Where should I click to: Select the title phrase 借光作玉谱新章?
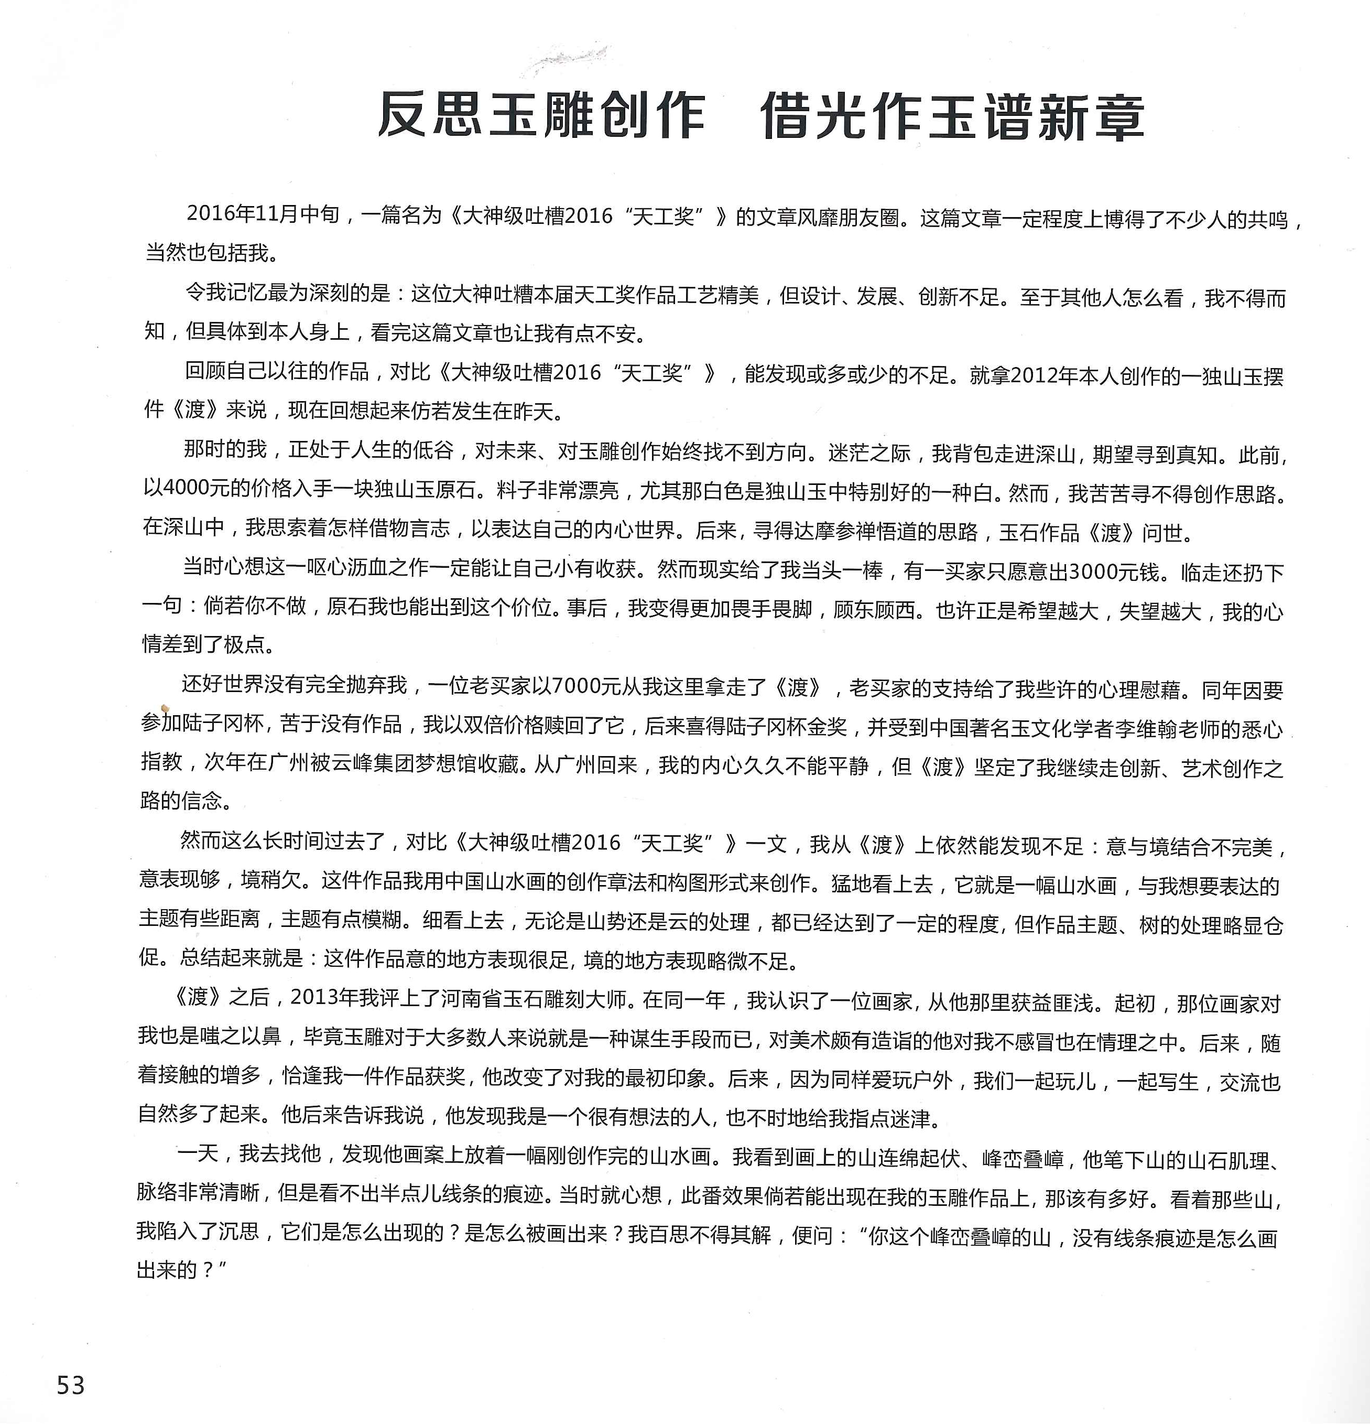[952, 117]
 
